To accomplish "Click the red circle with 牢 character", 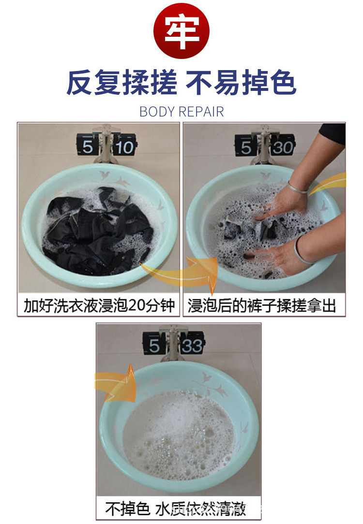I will (181, 30).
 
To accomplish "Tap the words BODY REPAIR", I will (181, 112).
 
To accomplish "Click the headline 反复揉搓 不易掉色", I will (181, 83).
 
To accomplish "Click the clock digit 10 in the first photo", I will (124, 146).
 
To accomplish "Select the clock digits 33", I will (192, 346).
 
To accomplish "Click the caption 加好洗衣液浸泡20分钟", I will (99, 306).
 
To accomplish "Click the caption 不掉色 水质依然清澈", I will (176, 508).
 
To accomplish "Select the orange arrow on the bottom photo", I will (116, 382).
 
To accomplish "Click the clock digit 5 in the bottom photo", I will (154, 346).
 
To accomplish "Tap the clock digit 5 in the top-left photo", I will (88, 146).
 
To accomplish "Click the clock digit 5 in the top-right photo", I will (246, 146).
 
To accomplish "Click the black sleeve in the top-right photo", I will (332, 133).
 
